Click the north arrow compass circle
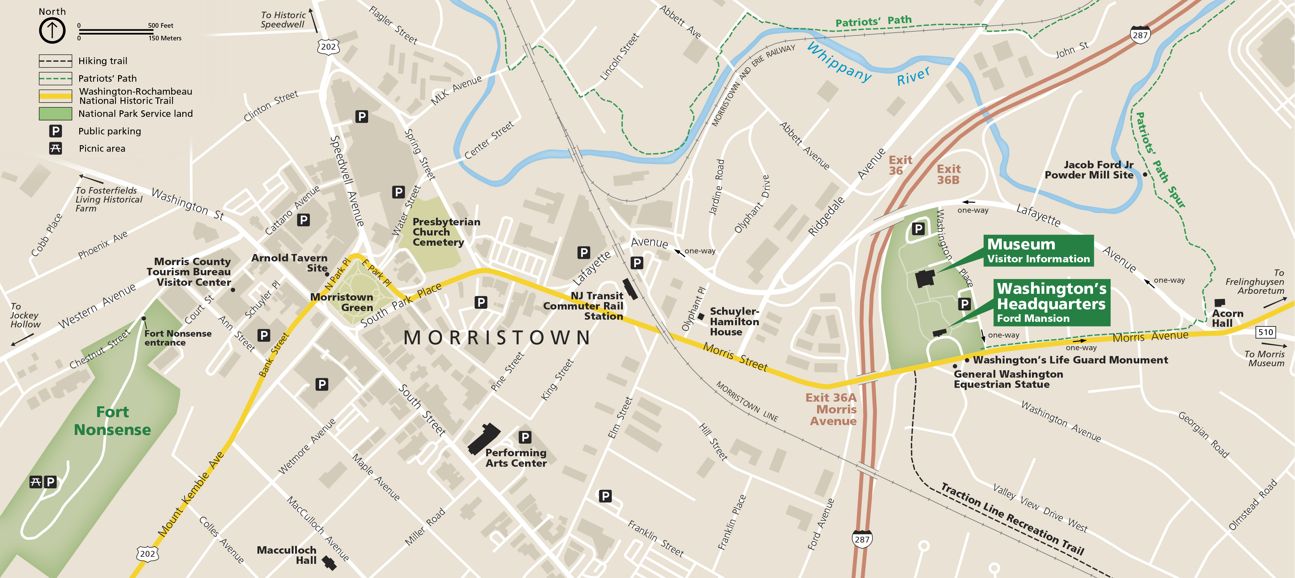[52, 31]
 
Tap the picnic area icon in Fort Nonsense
[35, 482]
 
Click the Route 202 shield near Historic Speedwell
[328, 47]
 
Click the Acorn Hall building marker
[1219, 303]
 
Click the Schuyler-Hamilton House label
[734, 322]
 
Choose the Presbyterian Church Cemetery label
[446, 232]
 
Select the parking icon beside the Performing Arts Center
[525, 437]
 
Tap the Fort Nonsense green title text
[112, 421]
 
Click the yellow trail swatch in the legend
[55, 96]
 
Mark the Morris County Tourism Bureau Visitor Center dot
[233, 290]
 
